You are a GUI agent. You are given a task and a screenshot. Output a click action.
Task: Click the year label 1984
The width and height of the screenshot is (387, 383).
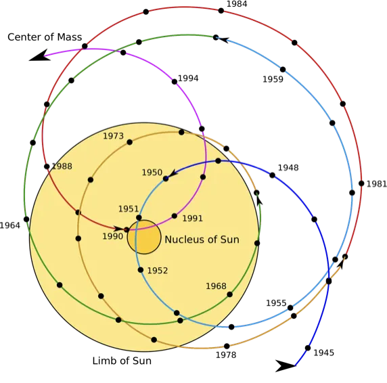237,4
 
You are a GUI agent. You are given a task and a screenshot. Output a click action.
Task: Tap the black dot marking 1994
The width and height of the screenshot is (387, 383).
175,82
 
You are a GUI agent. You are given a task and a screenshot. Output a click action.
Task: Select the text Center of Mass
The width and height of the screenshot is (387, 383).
45,37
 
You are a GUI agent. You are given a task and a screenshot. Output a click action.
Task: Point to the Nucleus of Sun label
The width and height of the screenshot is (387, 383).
202,240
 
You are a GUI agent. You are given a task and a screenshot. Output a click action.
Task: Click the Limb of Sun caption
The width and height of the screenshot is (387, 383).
122,361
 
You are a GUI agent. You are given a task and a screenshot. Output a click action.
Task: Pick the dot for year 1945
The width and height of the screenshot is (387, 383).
308,348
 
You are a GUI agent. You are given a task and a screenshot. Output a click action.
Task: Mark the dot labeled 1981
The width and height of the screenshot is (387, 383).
361,183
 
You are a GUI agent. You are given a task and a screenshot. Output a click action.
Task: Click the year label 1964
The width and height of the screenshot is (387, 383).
10,225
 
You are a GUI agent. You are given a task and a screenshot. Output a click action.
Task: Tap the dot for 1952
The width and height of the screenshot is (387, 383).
141,270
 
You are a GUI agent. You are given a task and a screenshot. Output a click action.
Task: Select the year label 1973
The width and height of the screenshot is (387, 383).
113,136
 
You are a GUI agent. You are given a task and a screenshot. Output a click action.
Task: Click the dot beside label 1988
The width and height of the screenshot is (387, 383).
47,166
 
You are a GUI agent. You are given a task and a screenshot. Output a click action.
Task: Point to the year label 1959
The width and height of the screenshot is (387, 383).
273,79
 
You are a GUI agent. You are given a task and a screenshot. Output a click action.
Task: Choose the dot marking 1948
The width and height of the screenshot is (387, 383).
272,175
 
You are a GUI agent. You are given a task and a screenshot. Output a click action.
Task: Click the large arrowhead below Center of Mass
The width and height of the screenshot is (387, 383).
39,55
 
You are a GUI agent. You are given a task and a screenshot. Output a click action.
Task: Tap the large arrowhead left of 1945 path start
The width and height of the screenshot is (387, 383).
285,365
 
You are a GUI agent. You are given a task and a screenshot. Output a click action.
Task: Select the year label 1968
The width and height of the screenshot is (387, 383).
217,286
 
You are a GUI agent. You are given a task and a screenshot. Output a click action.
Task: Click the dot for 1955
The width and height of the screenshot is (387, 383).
290,308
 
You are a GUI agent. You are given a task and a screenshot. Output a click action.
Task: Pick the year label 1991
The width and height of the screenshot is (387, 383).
193,218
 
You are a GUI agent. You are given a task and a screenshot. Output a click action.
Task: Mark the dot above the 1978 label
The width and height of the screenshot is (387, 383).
227,346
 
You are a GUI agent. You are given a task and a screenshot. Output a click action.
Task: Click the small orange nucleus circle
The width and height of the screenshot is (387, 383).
144,237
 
